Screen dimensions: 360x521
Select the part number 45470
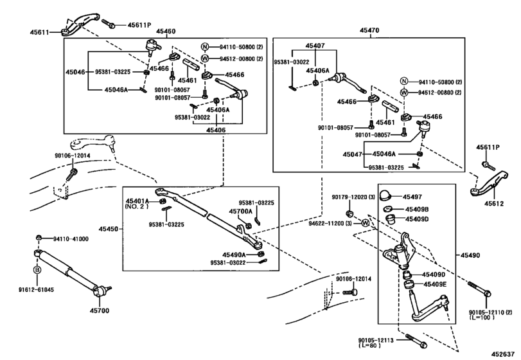[369, 30]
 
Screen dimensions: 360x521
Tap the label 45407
[315, 46]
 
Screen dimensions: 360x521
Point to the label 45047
[353, 155]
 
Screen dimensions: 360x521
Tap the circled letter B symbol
[37, 269]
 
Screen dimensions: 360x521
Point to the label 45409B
[418, 209]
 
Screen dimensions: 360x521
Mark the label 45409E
[418, 283]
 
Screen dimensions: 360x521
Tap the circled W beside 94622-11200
[366, 222]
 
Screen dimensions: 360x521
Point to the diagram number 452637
[503, 353]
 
